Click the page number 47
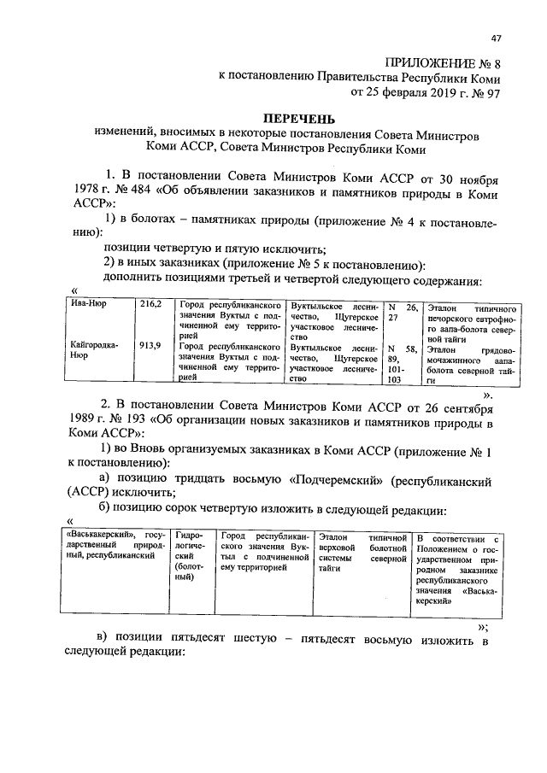pos(497,38)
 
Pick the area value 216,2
pos(150,304)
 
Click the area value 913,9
pos(150,348)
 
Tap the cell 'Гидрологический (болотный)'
pos(191,555)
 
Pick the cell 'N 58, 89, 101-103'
pos(400,362)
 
